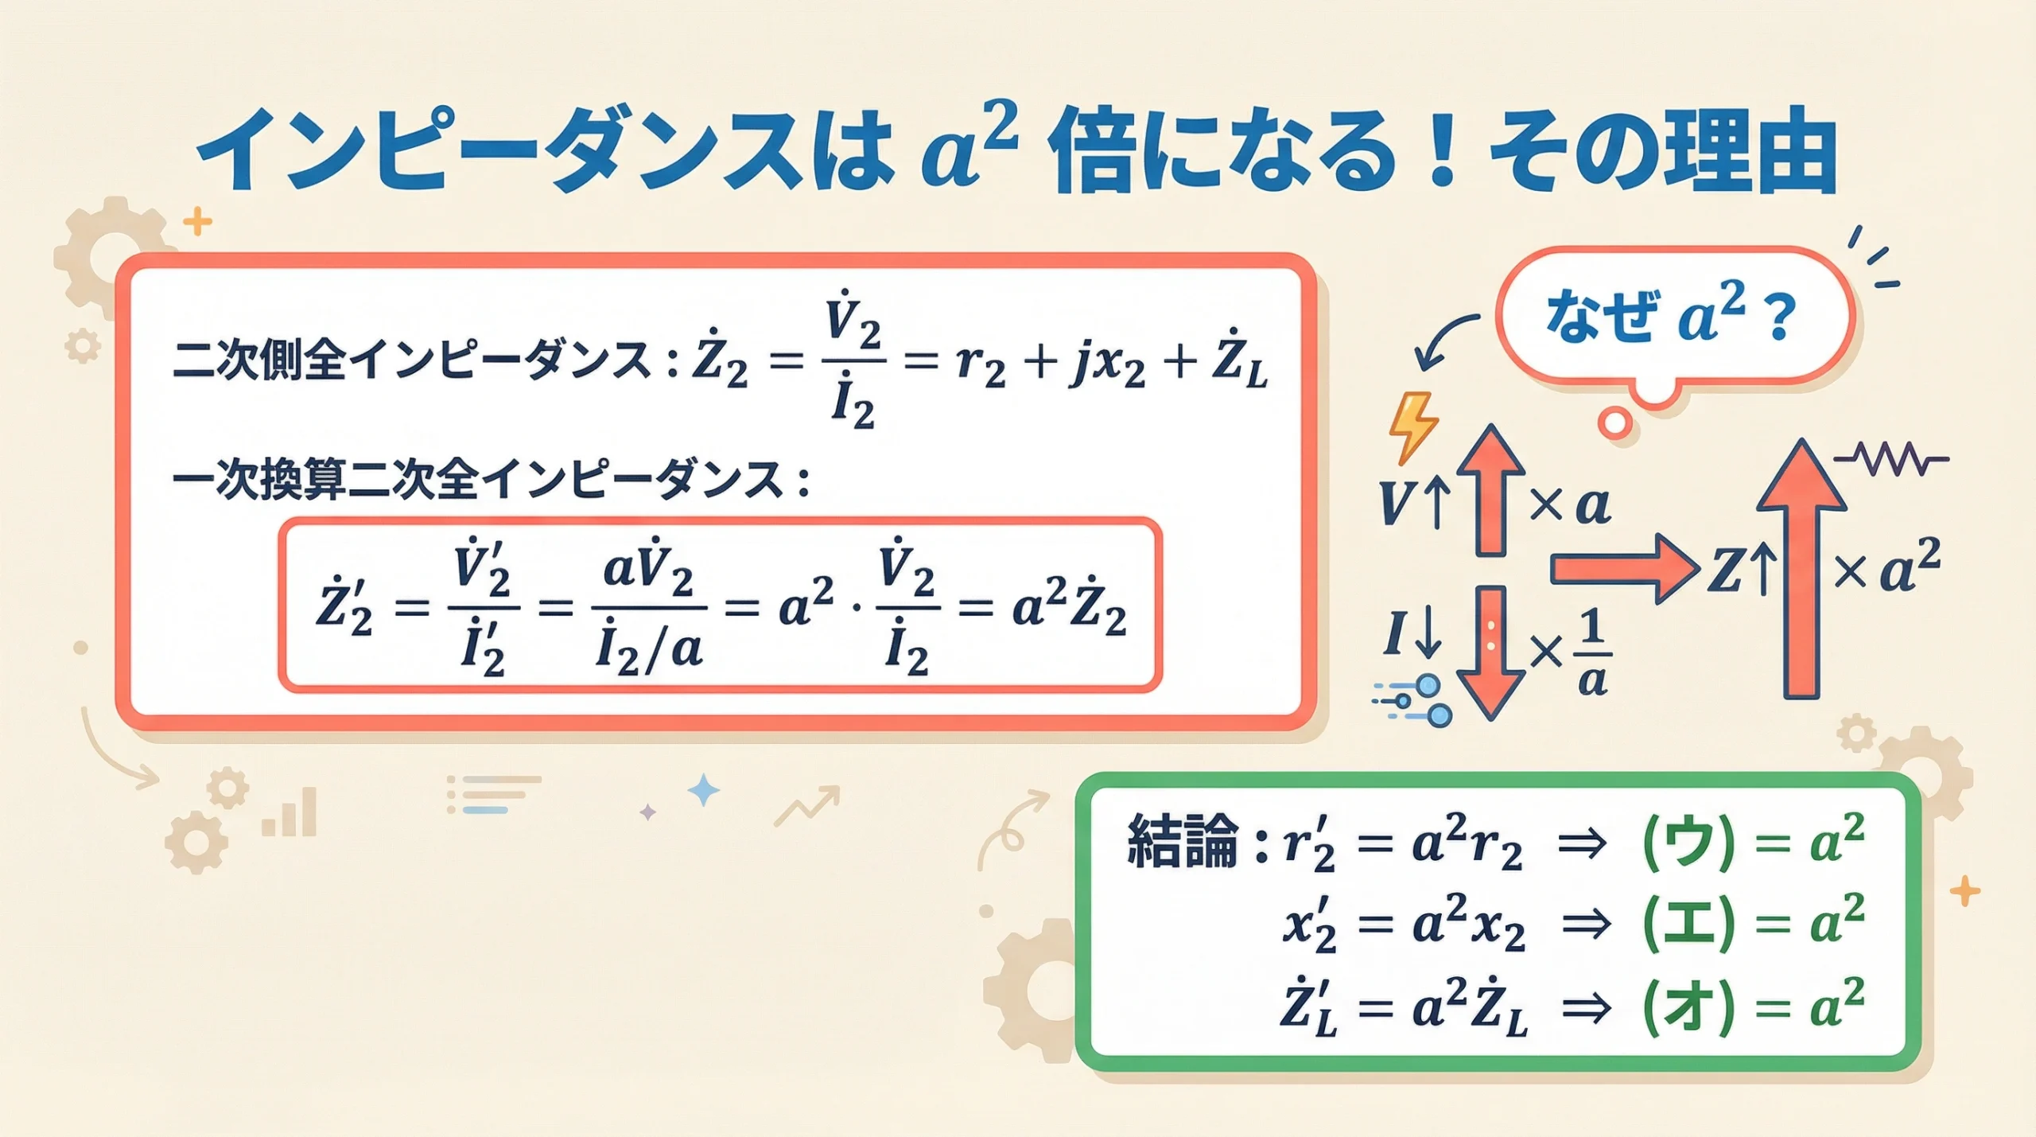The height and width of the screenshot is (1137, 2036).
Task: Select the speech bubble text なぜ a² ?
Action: (x=1670, y=317)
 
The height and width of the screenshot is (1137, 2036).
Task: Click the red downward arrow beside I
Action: (x=1490, y=652)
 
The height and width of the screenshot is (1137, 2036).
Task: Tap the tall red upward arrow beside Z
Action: (x=1801, y=569)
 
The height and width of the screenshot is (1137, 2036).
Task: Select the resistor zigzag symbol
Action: (x=1891, y=459)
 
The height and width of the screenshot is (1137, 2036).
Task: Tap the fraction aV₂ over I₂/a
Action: (x=649, y=609)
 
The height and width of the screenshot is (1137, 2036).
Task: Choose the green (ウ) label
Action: (x=1688, y=843)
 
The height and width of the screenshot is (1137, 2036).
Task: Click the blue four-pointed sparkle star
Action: (x=703, y=790)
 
